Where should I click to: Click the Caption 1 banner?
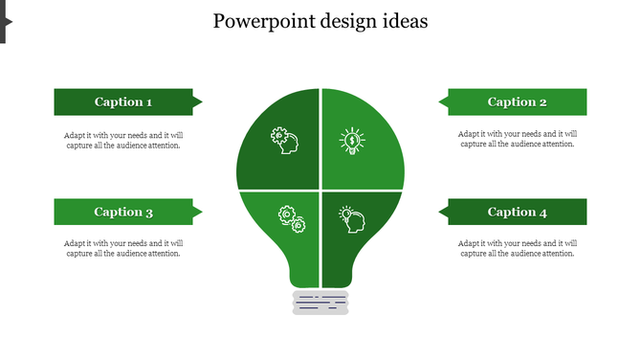click(123, 101)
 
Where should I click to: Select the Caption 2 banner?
click(518, 101)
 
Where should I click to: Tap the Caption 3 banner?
click(123, 212)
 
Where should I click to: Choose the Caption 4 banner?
click(518, 212)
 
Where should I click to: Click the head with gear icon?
click(283, 141)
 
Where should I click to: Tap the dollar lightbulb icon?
click(353, 142)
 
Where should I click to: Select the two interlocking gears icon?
click(291, 219)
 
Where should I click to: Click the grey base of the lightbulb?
click(320, 303)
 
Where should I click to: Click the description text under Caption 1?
click(123, 140)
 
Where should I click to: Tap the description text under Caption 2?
click(518, 140)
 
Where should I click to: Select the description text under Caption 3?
click(123, 248)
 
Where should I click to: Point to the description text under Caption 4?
click(518, 248)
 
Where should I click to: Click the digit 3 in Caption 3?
click(149, 213)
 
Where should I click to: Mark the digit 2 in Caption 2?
click(543, 102)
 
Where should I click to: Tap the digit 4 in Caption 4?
click(543, 213)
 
